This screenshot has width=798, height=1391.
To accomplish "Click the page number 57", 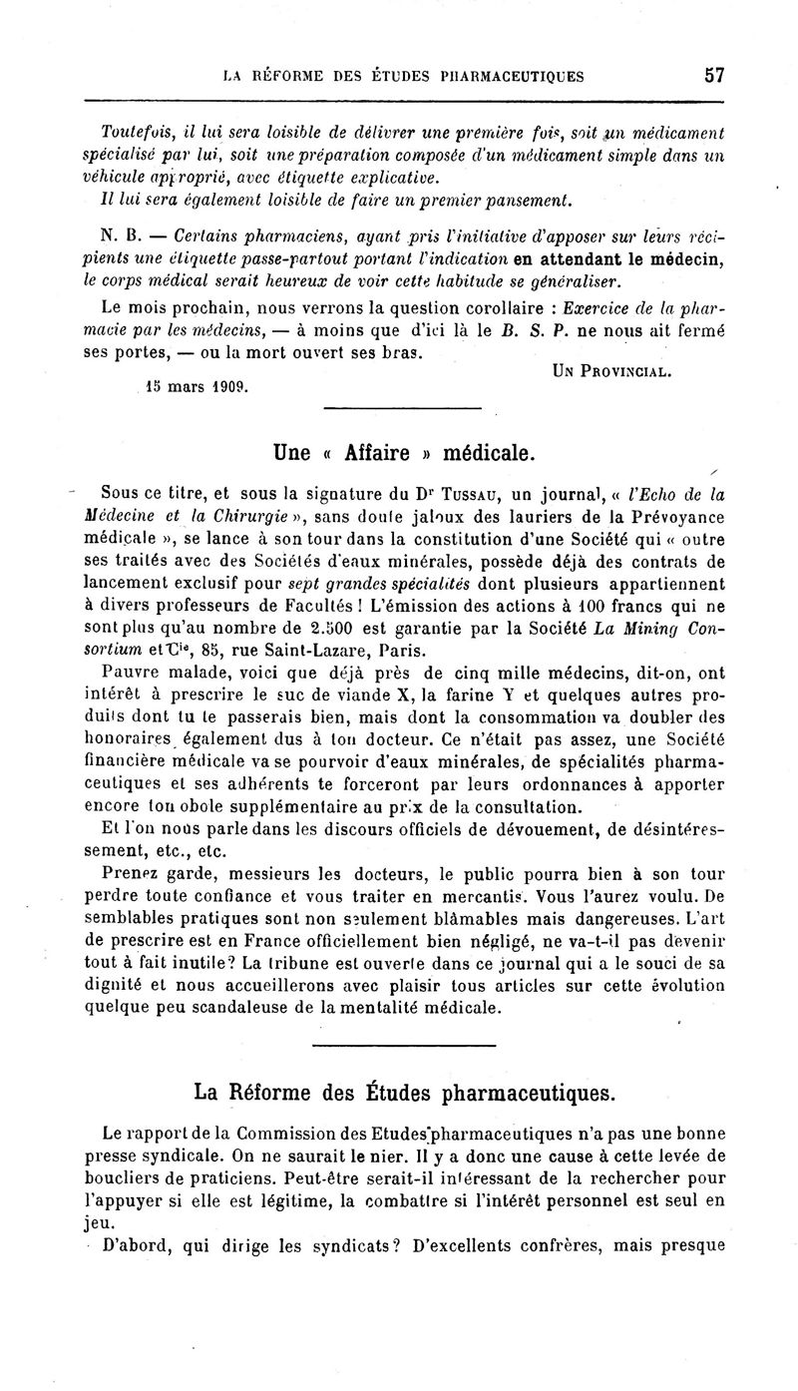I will click(712, 75).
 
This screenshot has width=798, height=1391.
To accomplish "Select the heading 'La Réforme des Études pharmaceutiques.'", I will click(405, 1093).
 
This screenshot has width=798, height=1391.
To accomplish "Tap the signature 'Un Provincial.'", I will click(611, 371).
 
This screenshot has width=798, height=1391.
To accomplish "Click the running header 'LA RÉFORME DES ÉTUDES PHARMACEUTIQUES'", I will click(404, 76).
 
